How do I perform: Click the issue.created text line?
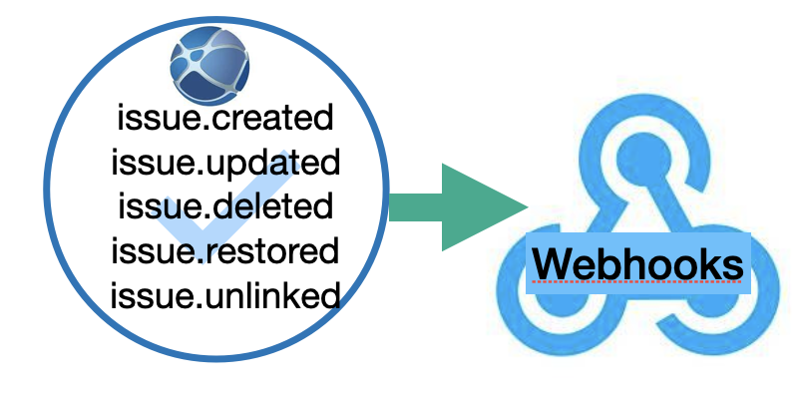(224, 119)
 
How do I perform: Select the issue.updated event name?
(224, 163)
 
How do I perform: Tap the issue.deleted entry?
(224, 206)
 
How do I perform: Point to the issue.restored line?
(224, 250)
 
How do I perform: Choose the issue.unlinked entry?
(224, 294)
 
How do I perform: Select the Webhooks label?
(638, 264)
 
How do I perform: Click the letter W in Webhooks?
(552, 264)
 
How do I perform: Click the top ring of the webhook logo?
(638, 150)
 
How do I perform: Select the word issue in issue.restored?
(148, 250)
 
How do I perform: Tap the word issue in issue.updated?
(148, 163)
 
